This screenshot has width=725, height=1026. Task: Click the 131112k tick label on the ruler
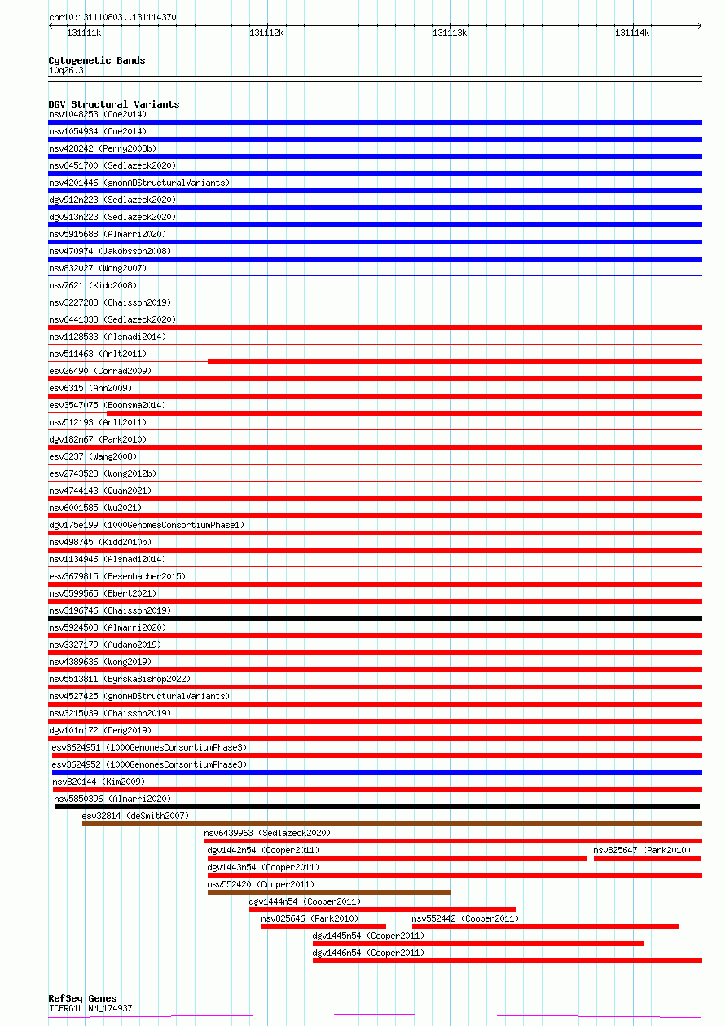266,33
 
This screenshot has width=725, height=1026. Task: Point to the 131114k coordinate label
632,33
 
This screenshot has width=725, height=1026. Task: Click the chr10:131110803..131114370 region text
112,17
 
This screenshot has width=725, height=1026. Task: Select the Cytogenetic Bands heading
97,60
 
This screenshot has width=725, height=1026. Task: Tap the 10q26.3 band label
66,70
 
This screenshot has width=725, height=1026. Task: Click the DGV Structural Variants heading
114,104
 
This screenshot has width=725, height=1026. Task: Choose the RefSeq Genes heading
82,998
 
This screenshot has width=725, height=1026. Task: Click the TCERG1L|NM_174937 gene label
90,1008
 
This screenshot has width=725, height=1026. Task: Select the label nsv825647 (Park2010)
642,850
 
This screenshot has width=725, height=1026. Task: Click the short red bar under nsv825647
648,858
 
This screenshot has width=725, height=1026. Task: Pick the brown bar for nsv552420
329,892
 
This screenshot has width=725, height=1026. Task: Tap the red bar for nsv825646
323,927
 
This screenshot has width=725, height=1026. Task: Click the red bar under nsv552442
546,927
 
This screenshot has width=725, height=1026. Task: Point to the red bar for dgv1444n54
383,909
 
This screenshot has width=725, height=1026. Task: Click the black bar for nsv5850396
377,807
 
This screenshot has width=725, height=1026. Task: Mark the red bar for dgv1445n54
478,944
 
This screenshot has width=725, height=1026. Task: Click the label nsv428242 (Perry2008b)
103,148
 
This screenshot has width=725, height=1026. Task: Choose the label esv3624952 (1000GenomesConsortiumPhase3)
149,764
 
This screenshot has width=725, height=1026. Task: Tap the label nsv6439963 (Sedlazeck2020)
267,833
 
